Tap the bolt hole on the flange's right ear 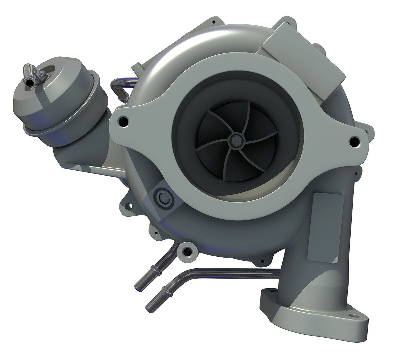click(x=355, y=141)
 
